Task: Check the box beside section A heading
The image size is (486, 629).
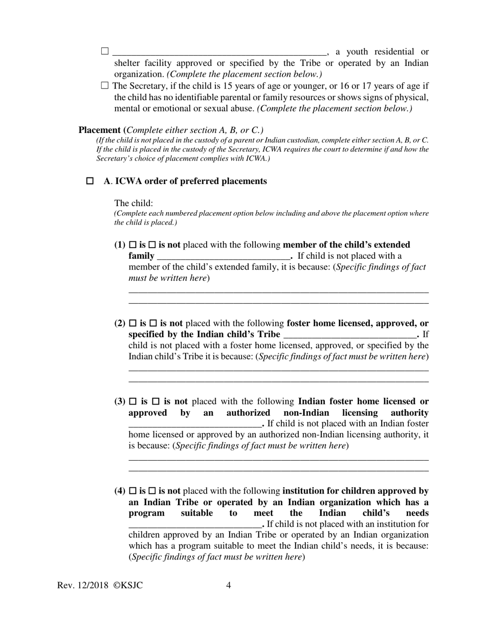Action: point(90,181)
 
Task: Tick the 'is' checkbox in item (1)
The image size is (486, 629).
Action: point(133,245)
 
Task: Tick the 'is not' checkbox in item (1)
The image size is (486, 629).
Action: point(152,245)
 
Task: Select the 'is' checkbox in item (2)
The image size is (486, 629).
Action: point(133,323)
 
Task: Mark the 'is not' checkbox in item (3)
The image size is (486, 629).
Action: point(157,401)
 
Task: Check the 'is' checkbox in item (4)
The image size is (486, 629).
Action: point(133,491)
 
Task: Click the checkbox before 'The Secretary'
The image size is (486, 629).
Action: point(105,86)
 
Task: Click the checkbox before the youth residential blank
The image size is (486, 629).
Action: point(105,51)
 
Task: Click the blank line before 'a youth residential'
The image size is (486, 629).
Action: point(219,52)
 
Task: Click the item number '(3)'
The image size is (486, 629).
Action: point(120,401)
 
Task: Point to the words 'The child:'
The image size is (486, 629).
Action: point(134,203)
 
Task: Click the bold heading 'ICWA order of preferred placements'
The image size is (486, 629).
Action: point(191,181)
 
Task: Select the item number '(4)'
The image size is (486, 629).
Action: point(120,491)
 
